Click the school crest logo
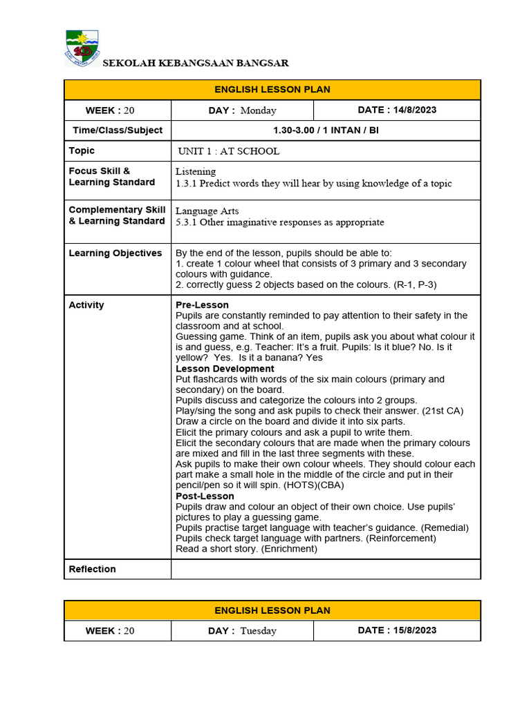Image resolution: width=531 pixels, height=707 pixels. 82,48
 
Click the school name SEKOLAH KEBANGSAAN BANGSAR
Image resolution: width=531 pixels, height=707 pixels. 196,64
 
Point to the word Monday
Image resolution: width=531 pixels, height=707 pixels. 258,110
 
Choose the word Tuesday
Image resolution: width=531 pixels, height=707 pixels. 258,631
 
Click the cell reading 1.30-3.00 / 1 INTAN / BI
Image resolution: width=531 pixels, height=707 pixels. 326,130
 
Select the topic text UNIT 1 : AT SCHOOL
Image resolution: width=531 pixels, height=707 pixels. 229,151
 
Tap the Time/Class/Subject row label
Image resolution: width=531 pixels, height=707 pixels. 118,130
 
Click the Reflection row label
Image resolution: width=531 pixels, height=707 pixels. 93,569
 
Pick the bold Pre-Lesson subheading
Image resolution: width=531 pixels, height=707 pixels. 202,305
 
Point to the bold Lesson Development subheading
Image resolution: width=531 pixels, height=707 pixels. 225,369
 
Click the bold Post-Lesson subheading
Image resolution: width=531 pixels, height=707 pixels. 205,496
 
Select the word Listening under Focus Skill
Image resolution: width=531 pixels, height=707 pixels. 196,171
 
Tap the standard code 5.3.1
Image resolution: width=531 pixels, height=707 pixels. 187,222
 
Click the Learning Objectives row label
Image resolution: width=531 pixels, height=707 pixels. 115,253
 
